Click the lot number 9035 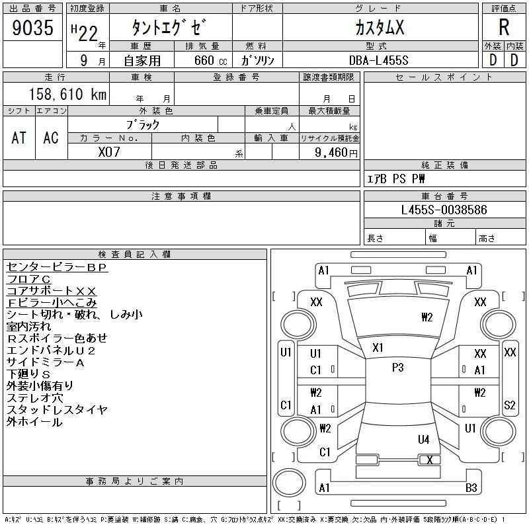pos(33,28)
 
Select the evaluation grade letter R pos(504,27)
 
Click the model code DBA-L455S pos(380,60)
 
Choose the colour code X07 pos(110,151)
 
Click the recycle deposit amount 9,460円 pos(337,152)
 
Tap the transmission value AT pos(19,138)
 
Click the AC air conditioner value pos(51,138)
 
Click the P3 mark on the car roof pos(397,368)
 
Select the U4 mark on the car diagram pos(423,439)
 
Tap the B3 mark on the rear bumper pos(471,488)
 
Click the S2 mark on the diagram pos(509,405)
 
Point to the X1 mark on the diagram pos(378,347)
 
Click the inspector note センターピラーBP pos(57,267)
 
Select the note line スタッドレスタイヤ pos(57,410)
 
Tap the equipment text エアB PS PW pos(396,179)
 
